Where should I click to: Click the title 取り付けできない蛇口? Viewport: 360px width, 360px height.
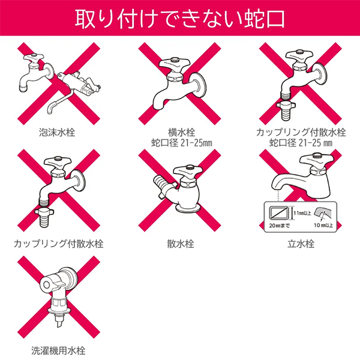click(180, 19)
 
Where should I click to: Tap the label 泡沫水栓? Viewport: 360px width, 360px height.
click(57, 133)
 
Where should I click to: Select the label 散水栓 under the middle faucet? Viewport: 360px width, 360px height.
click(181, 244)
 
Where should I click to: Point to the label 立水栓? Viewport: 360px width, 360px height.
click(301, 244)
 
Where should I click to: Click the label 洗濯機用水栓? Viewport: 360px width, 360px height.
click(58, 350)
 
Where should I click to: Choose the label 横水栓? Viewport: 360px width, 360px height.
click(181, 133)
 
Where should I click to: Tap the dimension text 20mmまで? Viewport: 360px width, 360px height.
click(279, 226)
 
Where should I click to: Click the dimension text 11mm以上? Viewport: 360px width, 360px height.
click(302, 213)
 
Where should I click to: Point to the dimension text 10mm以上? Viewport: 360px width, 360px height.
click(323, 225)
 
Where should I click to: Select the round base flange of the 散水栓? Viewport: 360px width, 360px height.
click(188, 208)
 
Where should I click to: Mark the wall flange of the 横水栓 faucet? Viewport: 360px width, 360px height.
click(199, 85)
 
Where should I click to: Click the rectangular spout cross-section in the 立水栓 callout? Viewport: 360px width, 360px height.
click(280, 214)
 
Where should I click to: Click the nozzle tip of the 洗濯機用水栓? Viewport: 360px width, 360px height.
click(59, 322)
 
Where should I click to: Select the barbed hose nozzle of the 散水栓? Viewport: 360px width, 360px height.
click(160, 182)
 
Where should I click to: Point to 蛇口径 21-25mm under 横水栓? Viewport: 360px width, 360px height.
click(181, 143)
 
